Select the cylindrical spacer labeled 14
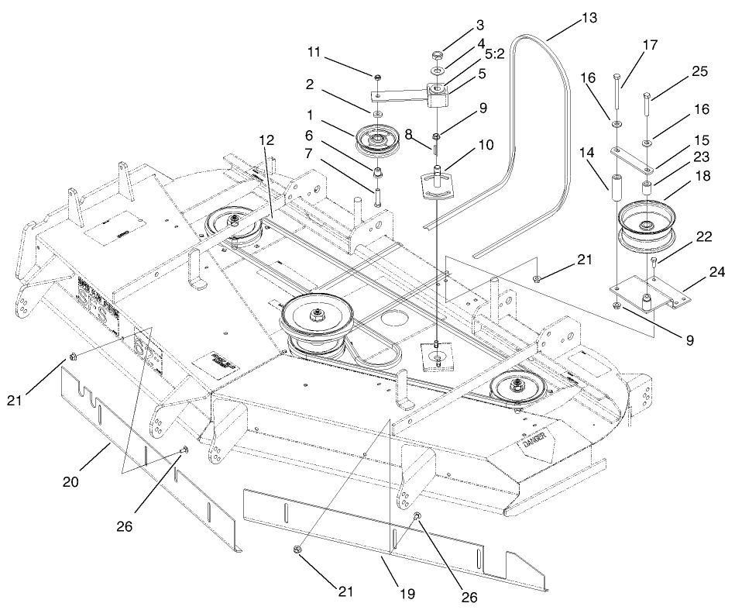pos(617,188)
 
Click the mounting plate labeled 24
pos(649,295)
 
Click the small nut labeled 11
pos(376,78)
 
